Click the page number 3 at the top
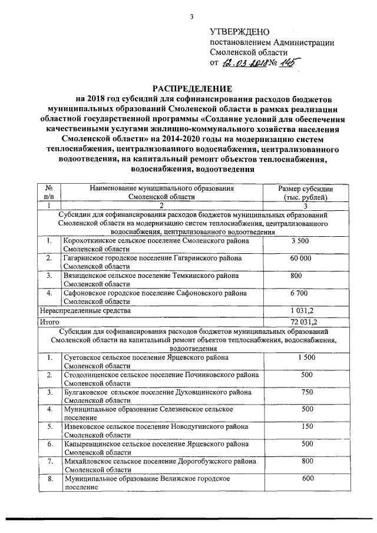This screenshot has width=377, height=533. pyautogui.click(x=191, y=16)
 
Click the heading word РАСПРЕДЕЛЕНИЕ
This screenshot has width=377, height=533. pyautogui.click(x=188, y=87)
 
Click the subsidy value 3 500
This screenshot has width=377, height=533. pyautogui.click(x=300, y=241)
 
